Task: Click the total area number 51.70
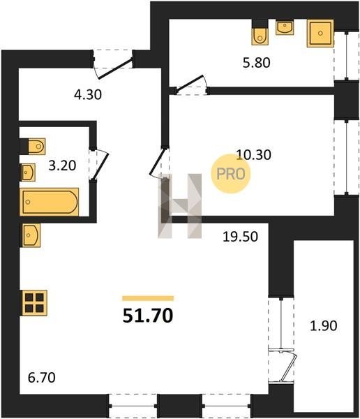pyautogui.click(x=148, y=316)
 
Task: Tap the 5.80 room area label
pyautogui.click(x=256, y=63)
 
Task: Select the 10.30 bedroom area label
pyautogui.click(x=254, y=155)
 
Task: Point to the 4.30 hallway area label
pyautogui.click(x=88, y=94)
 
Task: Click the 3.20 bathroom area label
pyautogui.click(x=62, y=166)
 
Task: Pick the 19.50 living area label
pyautogui.click(x=241, y=237)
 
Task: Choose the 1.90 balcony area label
pyautogui.click(x=324, y=325)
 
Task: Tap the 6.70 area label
pyautogui.click(x=42, y=378)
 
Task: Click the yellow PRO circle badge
pyautogui.click(x=231, y=174)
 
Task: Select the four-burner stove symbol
pyautogui.click(x=34, y=303)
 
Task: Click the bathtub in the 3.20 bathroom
pyautogui.click(x=50, y=202)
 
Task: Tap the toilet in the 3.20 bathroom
pyautogui.click(x=37, y=146)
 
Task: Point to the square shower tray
pyautogui.click(x=320, y=34)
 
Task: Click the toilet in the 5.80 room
pyautogui.click(x=260, y=36)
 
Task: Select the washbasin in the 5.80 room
pyautogui.click(x=285, y=28)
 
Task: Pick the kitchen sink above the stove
pyautogui.click(x=31, y=235)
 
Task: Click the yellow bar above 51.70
pyautogui.click(x=148, y=298)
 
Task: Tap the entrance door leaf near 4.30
pyautogui.click(x=115, y=69)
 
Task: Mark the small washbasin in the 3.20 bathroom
pyautogui.click(x=29, y=172)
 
